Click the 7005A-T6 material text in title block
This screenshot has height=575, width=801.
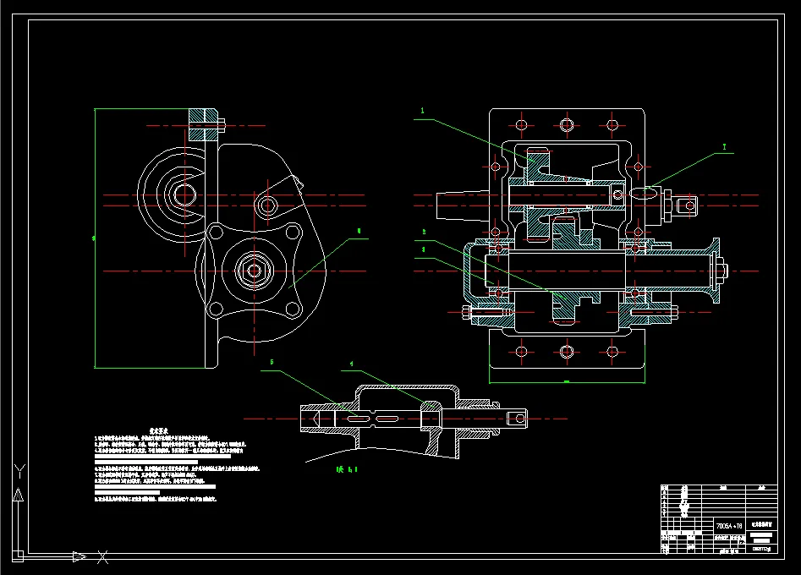click(728, 525)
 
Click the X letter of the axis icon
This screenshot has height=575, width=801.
click(102, 556)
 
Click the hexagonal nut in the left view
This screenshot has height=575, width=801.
click(252, 269)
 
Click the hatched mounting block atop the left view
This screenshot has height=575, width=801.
click(203, 124)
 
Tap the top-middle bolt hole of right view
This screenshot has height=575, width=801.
click(567, 125)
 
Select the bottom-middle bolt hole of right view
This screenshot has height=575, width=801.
click(567, 351)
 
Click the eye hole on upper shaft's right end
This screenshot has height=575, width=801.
click(688, 204)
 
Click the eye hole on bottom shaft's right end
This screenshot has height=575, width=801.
click(514, 417)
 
